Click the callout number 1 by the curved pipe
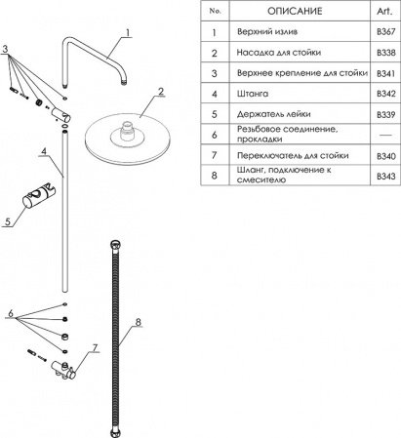coord(128,33)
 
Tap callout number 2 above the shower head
coord(161,92)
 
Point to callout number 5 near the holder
coord(8,221)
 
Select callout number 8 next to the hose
coord(139,322)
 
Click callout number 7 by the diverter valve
coord(95,348)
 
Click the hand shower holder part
coord(39,197)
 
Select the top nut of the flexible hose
coord(115,245)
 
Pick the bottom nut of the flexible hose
coord(115,433)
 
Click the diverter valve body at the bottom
coord(63,371)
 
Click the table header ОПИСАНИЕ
coord(295,11)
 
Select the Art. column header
coord(384,11)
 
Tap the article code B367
coord(386,32)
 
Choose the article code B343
coord(386,177)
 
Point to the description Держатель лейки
coord(273,114)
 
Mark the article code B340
coord(386,156)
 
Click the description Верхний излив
coord(267,32)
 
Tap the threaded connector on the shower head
coord(127,130)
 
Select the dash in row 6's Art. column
coord(385,135)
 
